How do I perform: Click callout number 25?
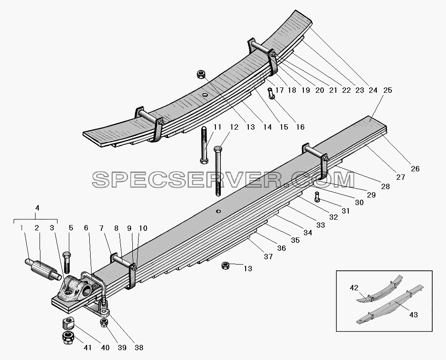(x=388, y=90)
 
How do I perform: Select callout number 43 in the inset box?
(x=414, y=315)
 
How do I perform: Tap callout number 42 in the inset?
(x=354, y=288)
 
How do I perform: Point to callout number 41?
(x=88, y=348)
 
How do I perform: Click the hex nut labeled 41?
(x=68, y=338)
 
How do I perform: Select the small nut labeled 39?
(x=104, y=323)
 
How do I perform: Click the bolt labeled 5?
(x=67, y=262)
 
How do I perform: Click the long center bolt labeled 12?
(x=218, y=171)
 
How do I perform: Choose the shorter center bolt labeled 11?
(x=204, y=145)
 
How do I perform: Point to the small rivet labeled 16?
(x=271, y=94)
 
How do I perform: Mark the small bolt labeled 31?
(x=317, y=197)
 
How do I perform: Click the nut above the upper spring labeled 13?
(x=201, y=75)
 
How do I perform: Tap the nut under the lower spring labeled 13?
(x=226, y=266)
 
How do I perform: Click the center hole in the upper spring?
(x=205, y=95)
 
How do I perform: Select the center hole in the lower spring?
(x=218, y=211)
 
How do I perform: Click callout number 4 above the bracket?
(x=37, y=208)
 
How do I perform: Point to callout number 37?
(x=268, y=257)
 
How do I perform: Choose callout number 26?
(x=415, y=169)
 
